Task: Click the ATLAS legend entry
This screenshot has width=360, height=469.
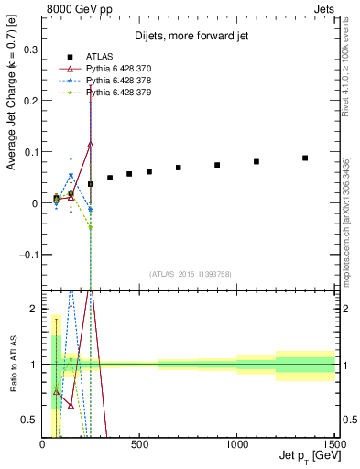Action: pyautogui.click(x=102, y=58)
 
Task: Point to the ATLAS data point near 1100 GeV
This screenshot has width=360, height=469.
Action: pyautogui.click(x=256, y=161)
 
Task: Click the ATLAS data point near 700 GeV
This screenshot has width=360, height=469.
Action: pyautogui.click(x=179, y=168)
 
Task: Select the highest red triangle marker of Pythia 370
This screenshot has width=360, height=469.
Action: pyautogui.click(x=91, y=144)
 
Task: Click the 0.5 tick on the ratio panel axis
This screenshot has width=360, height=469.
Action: pyautogui.click(x=30, y=420)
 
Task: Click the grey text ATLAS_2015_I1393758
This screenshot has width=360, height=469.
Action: pyautogui.click(x=190, y=274)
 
